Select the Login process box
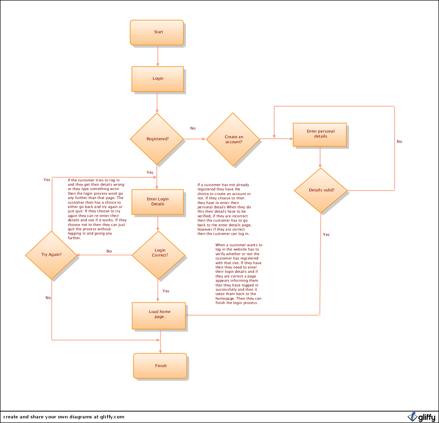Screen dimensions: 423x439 158,79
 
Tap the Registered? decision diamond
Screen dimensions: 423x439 157,139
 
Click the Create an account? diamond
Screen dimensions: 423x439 233,139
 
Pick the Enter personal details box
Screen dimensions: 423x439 320,134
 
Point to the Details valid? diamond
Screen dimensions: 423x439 321,190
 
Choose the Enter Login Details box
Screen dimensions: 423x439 158,202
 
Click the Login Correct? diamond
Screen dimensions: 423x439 158,255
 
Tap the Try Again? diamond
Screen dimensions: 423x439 52,255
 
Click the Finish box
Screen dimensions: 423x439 160,366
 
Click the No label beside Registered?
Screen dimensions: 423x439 193,128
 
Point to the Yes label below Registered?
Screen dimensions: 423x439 150,172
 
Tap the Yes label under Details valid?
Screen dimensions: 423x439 326,235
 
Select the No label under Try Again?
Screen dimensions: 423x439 48,298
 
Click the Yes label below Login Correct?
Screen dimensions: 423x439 166,291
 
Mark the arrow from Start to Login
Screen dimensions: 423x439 158,56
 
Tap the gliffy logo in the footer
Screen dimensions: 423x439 422,417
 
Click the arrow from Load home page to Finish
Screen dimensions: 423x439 160,341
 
